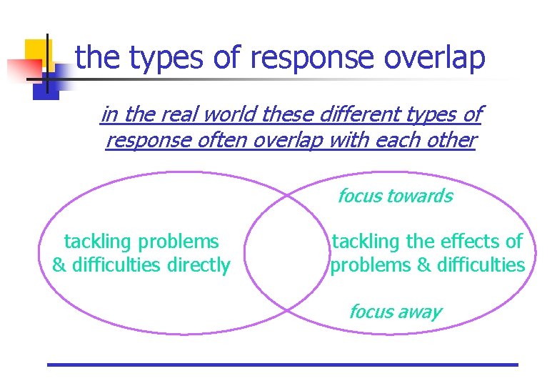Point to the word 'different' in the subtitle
(354, 114)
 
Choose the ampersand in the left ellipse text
(59, 265)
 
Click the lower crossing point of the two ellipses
(287, 310)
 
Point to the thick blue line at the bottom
(282, 365)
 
